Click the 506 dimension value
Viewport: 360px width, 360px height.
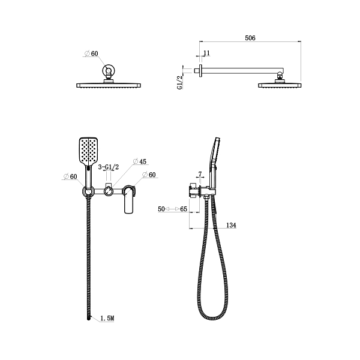(250, 38)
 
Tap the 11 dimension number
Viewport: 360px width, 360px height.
(206, 53)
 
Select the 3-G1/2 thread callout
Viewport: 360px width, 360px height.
(109, 167)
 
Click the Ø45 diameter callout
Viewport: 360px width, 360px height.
(140, 161)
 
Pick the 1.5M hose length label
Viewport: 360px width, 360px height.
(107, 318)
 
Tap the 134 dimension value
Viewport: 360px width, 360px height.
(231, 225)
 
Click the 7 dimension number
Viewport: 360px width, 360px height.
(200, 174)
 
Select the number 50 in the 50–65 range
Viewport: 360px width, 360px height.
(161, 209)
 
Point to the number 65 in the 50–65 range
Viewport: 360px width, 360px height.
(184, 209)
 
